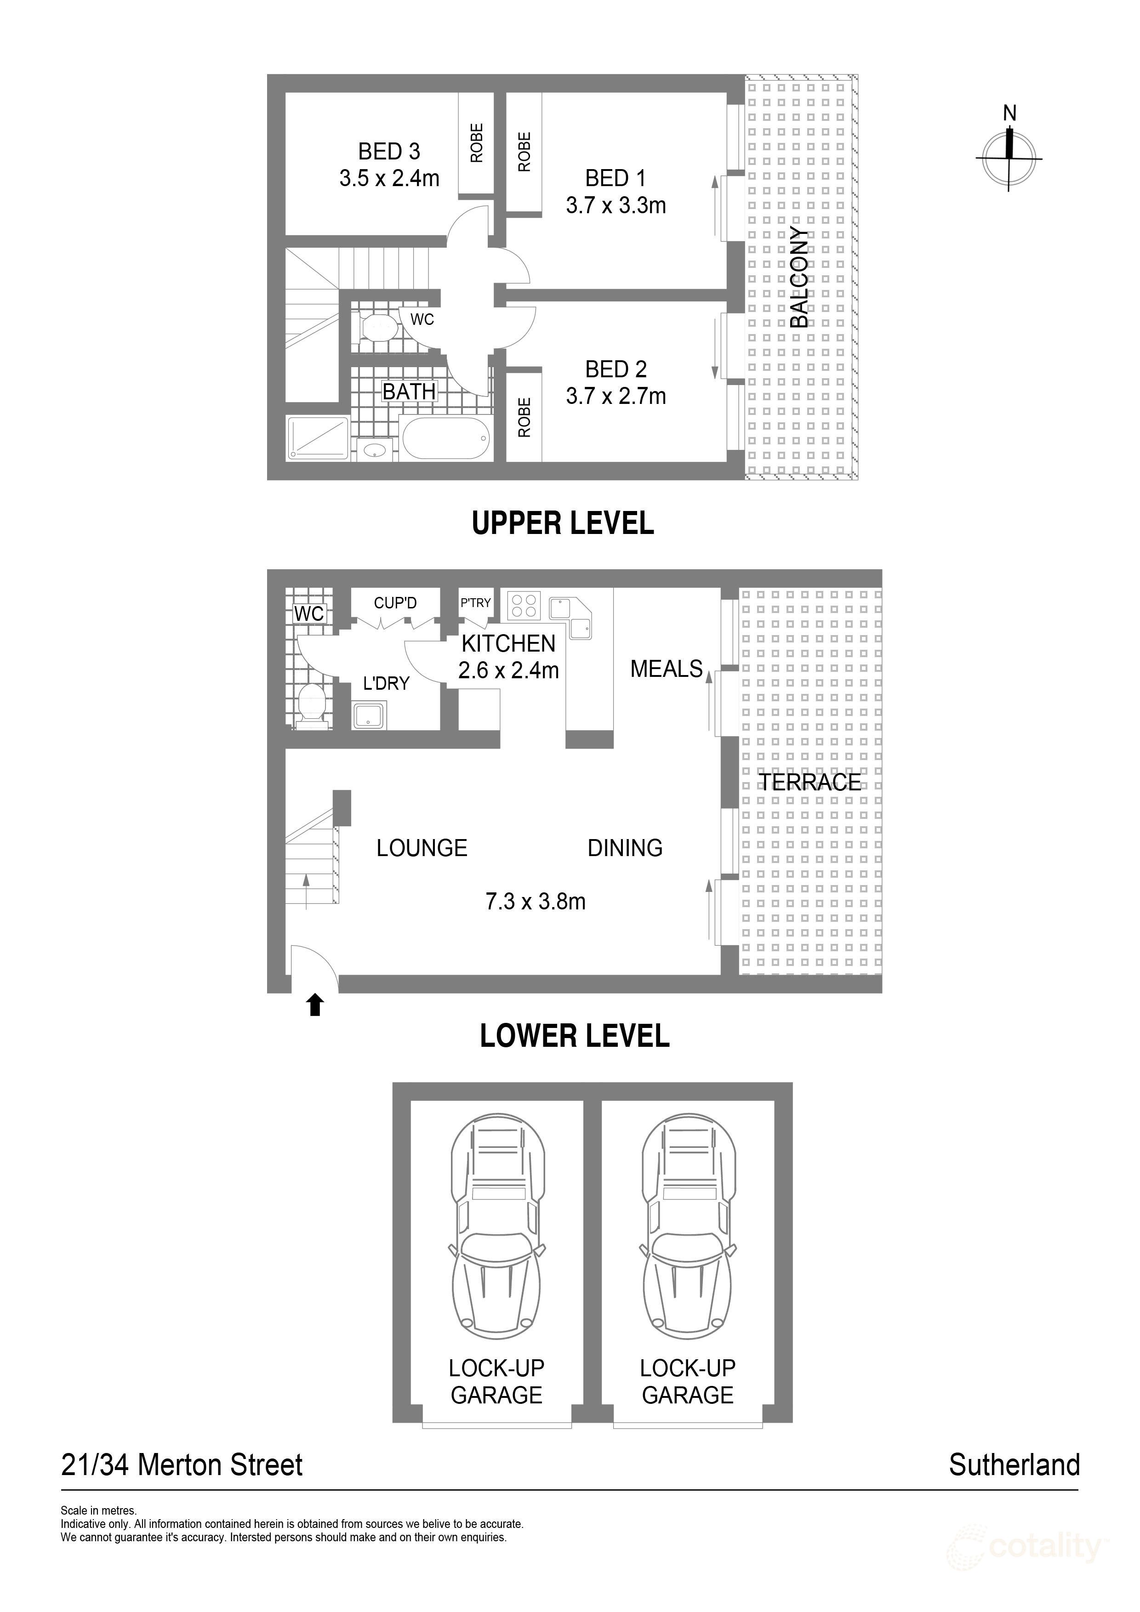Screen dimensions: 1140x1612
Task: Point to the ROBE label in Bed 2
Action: pos(524,417)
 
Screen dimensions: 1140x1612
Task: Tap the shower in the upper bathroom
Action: pos(318,439)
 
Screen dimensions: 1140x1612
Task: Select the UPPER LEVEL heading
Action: pos(563,523)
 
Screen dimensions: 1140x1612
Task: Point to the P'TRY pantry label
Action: pos(475,602)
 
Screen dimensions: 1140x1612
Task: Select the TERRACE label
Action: pos(810,782)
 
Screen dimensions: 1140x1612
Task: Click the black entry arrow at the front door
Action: pos(315,1005)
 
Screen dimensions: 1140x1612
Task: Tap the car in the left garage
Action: pos(496,1227)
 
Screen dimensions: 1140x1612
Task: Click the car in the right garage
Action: pos(688,1227)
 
